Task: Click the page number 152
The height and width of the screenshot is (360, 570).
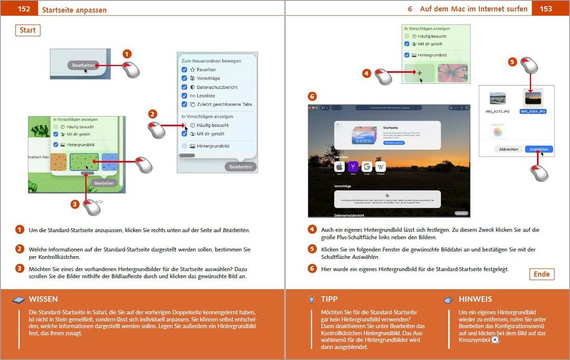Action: click(x=23, y=9)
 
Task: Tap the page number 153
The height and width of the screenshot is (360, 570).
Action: click(x=545, y=9)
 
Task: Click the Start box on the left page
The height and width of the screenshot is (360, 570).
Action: click(x=27, y=30)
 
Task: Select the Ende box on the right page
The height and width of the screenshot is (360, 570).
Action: click(x=541, y=274)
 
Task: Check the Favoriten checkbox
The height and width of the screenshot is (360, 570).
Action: click(x=184, y=70)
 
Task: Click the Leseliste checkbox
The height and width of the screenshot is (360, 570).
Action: click(x=184, y=96)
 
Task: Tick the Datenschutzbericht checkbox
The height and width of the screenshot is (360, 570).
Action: click(x=184, y=87)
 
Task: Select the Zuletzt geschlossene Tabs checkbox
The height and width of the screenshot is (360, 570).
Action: click(x=184, y=104)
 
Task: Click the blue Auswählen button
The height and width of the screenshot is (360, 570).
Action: click(x=539, y=149)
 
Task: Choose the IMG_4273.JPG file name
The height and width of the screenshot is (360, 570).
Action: click(x=497, y=111)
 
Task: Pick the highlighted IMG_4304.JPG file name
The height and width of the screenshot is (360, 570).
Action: click(x=533, y=111)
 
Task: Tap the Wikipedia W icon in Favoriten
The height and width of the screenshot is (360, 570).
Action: click(x=381, y=167)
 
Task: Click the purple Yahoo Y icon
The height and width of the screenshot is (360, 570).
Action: click(x=353, y=167)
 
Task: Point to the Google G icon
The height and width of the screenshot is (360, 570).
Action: click(x=367, y=167)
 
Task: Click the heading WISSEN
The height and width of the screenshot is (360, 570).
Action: click(x=43, y=299)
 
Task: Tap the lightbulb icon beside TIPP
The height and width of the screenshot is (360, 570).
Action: click(x=311, y=300)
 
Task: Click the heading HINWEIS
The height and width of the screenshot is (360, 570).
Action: click(x=475, y=299)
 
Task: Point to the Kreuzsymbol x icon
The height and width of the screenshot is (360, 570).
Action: click(x=495, y=340)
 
